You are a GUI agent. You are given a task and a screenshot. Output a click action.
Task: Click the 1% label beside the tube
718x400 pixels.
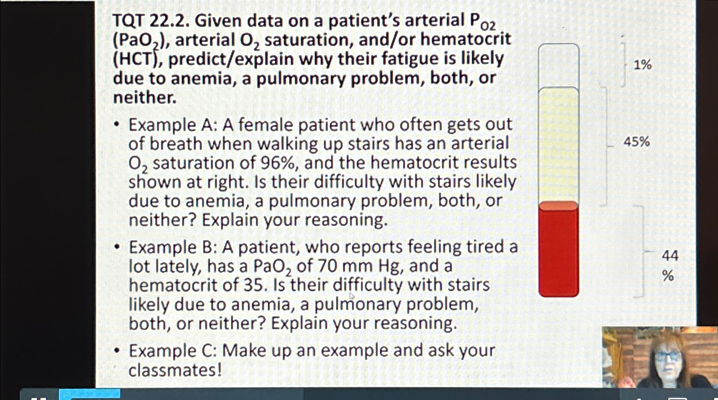click(643, 65)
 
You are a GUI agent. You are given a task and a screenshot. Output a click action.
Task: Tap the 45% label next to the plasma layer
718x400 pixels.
click(637, 142)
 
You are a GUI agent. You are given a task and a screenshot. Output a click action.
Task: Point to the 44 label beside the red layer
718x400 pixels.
click(670, 256)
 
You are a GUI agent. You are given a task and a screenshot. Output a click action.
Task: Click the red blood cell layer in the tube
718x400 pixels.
click(559, 252)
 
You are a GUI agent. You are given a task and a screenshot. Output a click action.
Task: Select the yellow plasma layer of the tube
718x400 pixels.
click(559, 144)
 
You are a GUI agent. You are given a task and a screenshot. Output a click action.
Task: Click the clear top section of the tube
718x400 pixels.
click(559, 65)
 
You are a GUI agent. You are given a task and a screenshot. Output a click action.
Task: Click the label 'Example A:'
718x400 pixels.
click(172, 125)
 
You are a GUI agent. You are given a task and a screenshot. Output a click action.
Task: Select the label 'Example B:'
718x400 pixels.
click(172, 247)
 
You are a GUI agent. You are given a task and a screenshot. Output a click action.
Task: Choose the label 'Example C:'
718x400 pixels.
click(172, 351)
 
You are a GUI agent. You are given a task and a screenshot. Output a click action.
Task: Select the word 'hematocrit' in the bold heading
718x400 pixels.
click(465, 40)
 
